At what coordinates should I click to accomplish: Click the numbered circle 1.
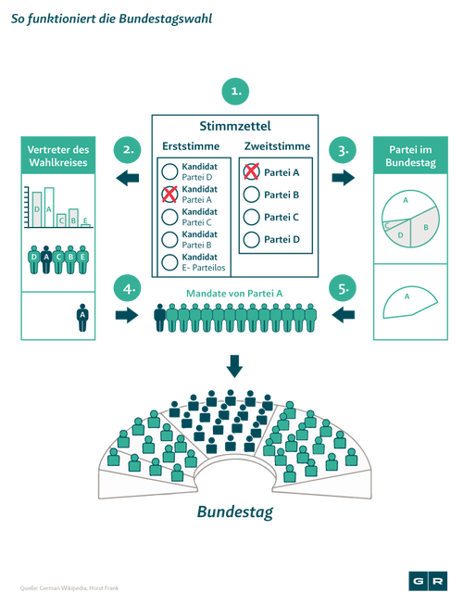tap(235, 92)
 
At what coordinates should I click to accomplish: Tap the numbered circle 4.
tap(127, 288)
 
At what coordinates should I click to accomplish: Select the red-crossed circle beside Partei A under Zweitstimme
tap(251, 171)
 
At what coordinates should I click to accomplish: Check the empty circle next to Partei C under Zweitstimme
tap(251, 217)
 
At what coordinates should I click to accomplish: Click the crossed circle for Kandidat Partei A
tap(169, 194)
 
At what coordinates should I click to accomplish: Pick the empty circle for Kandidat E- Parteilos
tap(169, 262)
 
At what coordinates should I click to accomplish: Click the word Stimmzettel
tap(235, 126)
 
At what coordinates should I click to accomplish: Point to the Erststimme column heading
tap(191, 146)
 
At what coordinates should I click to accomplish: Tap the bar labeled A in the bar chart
tap(49, 208)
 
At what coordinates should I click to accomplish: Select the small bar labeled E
tap(85, 225)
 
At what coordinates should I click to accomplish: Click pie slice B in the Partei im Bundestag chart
tap(425, 227)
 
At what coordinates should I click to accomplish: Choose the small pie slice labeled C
tap(387, 225)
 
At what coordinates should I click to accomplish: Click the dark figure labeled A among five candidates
tap(46, 259)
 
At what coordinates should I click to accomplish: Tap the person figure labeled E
tap(82, 259)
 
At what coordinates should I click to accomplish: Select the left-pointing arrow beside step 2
tap(128, 178)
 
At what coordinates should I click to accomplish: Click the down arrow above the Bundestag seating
tap(234, 366)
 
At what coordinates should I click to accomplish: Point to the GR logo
tap(428, 581)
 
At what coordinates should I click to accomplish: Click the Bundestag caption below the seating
tap(235, 512)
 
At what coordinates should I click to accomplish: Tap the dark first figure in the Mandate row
tap(159, 317)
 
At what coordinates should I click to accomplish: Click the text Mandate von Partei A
tap(234, 294)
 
